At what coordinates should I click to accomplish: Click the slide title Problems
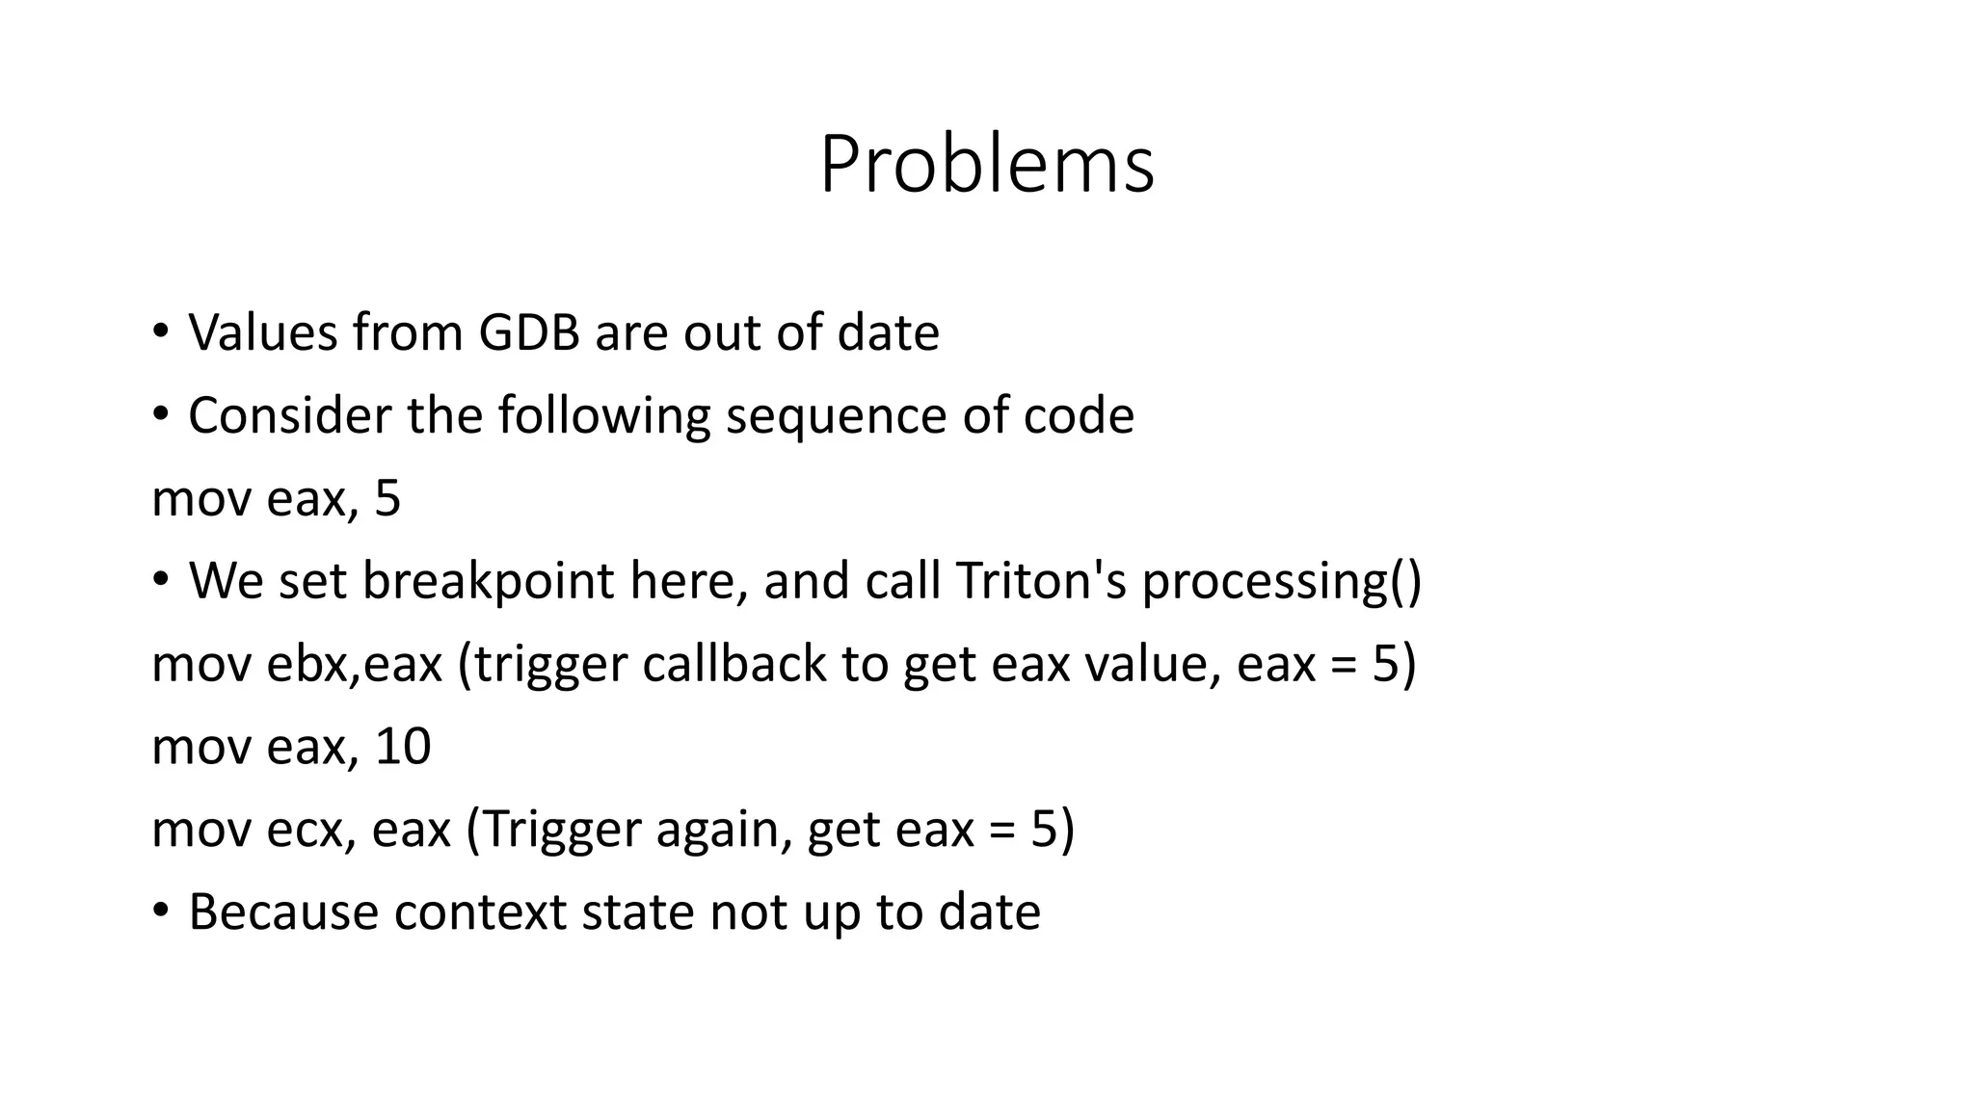click(x=986, y=165)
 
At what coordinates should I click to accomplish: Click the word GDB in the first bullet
click(x=529, y=333)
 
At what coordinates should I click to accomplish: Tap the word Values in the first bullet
click(x=262, y=333)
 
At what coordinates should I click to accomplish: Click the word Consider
click(x=289, y=416)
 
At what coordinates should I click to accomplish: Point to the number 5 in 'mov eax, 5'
click(x=387, y=499)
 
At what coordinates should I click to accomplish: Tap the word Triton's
click(x=1041, y=582)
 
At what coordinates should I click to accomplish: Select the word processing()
click(x=1282, y=582)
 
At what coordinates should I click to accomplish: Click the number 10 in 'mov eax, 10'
click(x=402, y=748)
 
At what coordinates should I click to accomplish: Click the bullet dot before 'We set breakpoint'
click(x=161, y=579)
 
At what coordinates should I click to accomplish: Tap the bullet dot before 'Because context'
click(x=161, y=910)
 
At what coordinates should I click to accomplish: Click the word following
click(x=603, y=416)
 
